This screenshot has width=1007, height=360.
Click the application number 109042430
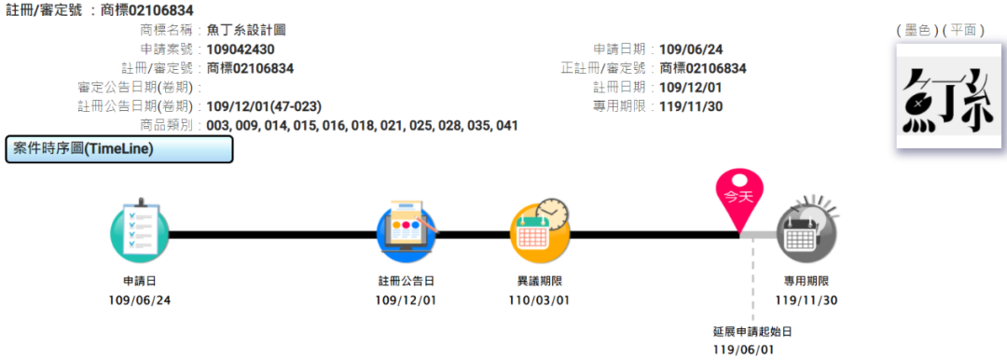click(x=241, y=49)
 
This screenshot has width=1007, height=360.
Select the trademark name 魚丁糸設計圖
click(x=246, y=30)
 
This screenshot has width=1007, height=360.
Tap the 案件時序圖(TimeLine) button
click(x=118, y=149)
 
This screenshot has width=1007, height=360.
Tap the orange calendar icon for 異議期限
click(x=539, y=232)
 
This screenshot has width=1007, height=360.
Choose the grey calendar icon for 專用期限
click(x=807, y=232)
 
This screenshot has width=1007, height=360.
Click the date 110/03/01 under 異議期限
click(x=539, y=299)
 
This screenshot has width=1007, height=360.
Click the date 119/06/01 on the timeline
click(x=743, y=351)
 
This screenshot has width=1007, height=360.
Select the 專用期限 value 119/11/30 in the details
click(x=691, y=106)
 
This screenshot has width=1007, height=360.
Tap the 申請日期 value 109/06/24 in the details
click(x=691, y=49)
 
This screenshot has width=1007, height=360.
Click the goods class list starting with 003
click(x=362, y=125)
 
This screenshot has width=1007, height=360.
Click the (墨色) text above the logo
click(x=916, y=30)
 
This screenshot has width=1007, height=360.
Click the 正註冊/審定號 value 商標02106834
click(x=702, y=68)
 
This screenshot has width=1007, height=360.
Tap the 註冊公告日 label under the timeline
click(x=406, y=281)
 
